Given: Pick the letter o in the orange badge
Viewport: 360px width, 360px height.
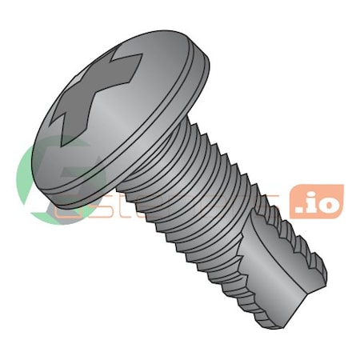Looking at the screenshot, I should coord(330,202).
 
